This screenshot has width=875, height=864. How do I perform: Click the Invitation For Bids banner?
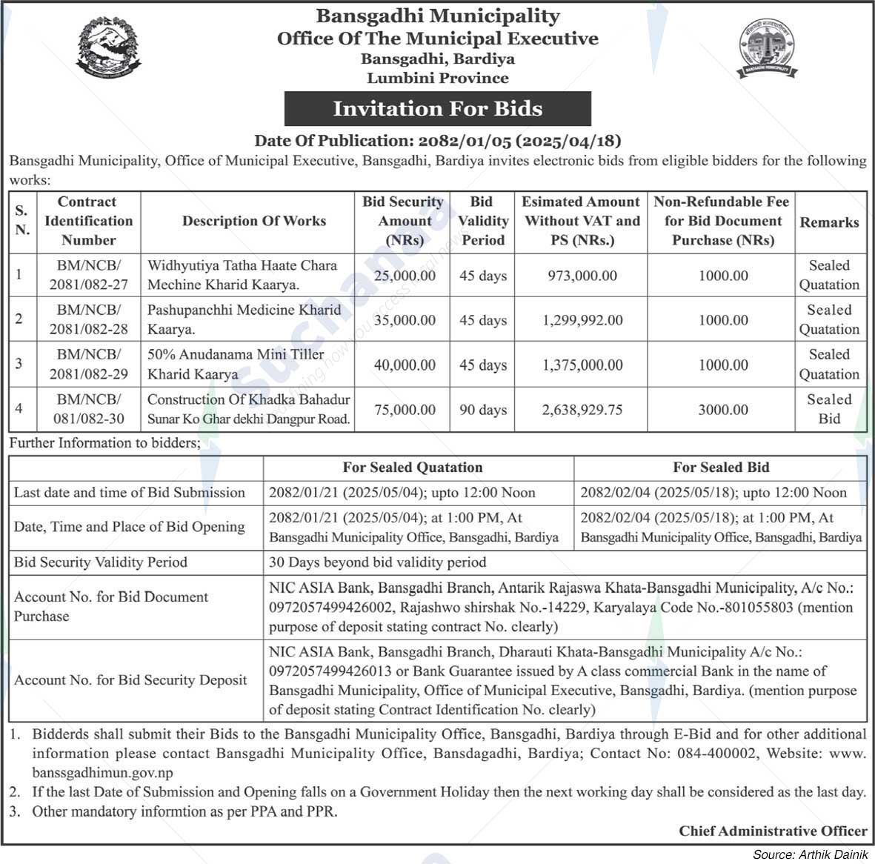pos(437,109)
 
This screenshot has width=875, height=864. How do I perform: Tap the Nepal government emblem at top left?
pos(108,47)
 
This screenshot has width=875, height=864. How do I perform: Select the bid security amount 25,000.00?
pos(405,276)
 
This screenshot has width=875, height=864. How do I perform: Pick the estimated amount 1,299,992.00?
pos(582,320)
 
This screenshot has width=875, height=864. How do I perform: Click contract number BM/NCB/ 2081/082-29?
pos(89,364)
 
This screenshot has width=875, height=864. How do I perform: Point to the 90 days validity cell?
pos(482,410)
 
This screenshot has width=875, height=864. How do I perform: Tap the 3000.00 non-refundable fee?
pos(723,410)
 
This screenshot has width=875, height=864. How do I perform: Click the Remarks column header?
pos(829,222)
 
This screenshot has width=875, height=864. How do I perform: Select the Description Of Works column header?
pos(254,221)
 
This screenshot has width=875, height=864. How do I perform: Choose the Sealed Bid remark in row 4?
pos(829,409)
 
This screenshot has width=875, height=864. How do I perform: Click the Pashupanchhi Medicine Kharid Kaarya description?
pos(244,319)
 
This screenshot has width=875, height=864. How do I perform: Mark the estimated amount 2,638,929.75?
pos(582,410)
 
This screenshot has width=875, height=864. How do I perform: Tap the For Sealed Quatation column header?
pos(413,468)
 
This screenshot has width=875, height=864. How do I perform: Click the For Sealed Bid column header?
pos(721,468)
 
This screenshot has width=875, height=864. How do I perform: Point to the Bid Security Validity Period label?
pos(101,562)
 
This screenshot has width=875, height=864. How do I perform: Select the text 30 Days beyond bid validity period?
pos(378,562)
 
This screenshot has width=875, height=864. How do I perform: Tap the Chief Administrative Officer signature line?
pos(773,831)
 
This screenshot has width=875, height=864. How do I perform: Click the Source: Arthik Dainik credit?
pos(810,855)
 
